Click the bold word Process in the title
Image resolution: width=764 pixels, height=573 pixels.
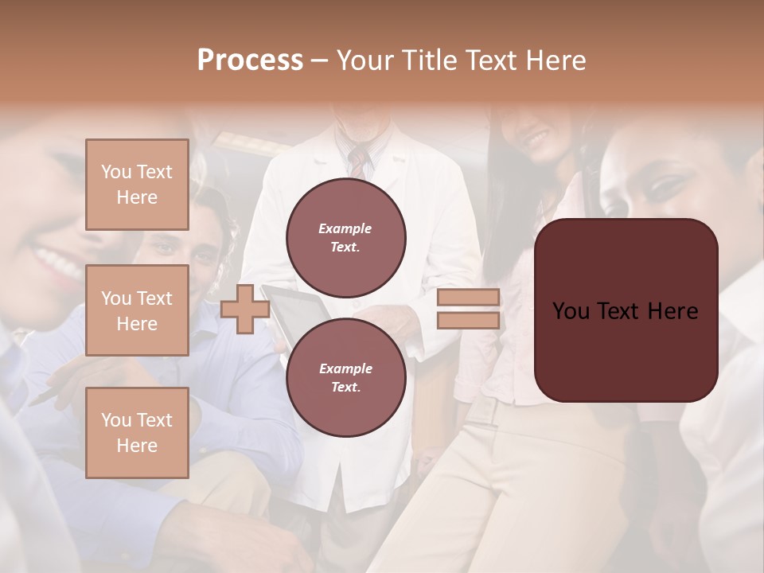pos(250,60)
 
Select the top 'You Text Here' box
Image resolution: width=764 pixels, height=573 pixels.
pos(137,185)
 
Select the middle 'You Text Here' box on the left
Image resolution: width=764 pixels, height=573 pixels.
pos(137,310)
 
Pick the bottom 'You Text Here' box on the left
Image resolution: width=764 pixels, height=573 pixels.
pos(137,433)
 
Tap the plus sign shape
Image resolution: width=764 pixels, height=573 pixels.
pos(244,309)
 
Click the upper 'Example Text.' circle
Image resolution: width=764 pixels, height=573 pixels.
pos(345,238)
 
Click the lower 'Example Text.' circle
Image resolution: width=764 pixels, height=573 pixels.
pos(345,377)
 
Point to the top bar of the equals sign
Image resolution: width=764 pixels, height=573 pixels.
pos(469,297)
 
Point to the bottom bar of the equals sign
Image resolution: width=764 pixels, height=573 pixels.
pos(469,321)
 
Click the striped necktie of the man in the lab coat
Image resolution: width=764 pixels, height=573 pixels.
pos(359,162)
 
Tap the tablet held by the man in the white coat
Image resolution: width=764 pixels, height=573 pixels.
pos(298,310)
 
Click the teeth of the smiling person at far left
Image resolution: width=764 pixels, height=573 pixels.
pos(57,262)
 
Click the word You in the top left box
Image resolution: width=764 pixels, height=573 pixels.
pos(116,172)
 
